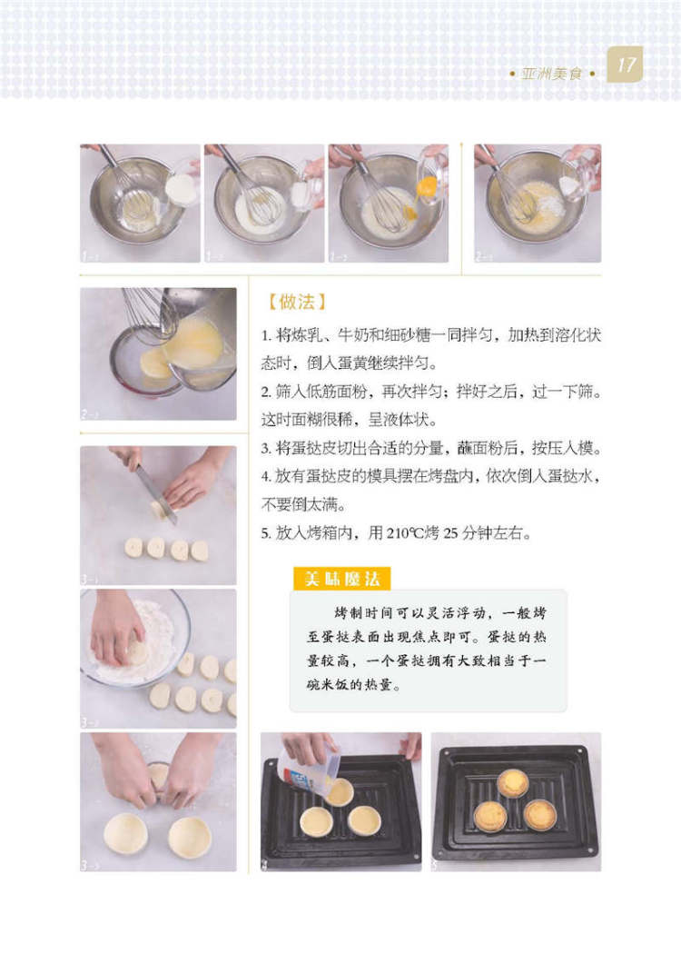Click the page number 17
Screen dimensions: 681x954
(626, 65)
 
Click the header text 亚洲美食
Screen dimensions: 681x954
(551, 75)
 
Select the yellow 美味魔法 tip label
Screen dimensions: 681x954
(341, 579)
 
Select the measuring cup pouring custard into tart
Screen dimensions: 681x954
(307, 770)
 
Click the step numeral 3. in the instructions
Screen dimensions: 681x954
(266, 449)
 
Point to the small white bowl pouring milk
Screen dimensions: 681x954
(183, 188)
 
